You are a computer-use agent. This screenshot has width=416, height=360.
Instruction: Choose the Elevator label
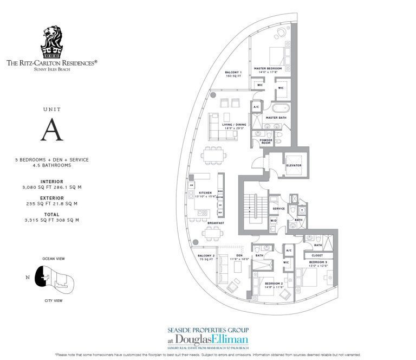[x=294, y=165]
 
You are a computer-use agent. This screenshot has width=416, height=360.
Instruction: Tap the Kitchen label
[x=205, y=192]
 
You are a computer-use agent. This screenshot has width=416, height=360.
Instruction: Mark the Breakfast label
[x=215, y=223]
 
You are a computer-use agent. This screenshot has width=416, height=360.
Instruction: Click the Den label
[x=238, y=255]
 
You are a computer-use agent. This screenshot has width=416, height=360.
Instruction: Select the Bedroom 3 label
[x=317, y=262]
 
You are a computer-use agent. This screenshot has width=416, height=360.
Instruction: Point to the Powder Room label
[x=265, y=141]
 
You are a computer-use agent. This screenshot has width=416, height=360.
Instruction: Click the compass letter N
[x=28, y=278]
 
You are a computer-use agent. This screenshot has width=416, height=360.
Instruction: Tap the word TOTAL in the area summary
[x=51, y=214]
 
